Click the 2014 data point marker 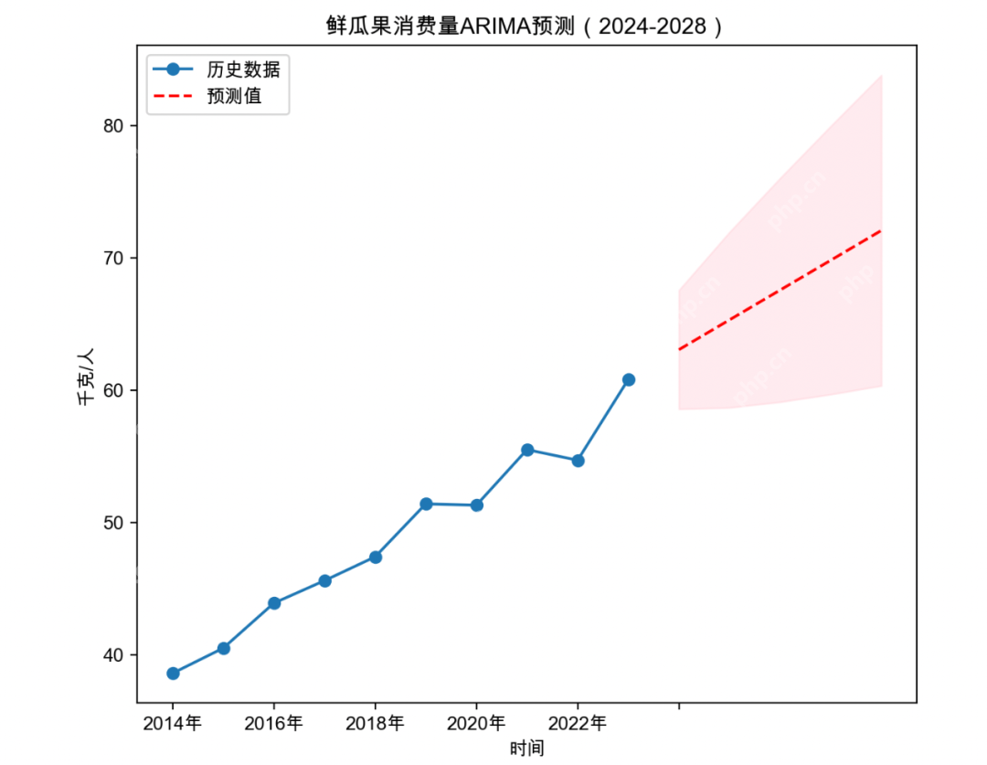pyautogui.click(x=173, y=674)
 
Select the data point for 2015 pyautogui.click(x=223, y=648)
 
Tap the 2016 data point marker pyautogui.click(x=274, y=603)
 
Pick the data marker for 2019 pyautogui.click(x=426, y=504)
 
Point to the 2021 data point pyautogui.click(x=527, y=450)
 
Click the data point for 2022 pyautogui.click(x=578, y=461)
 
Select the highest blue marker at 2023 pyautogui.click(x=629, y=379)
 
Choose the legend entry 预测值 pyautogui.click(x=234, y=95)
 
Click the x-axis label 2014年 pyautogui.click(x=173, y=724)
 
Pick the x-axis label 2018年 pyautogui.click(x=375, y=724)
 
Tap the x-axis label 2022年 pyautogui.click(x=578, y=724)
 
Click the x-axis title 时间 pyautogui.click(x=526, y=749)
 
